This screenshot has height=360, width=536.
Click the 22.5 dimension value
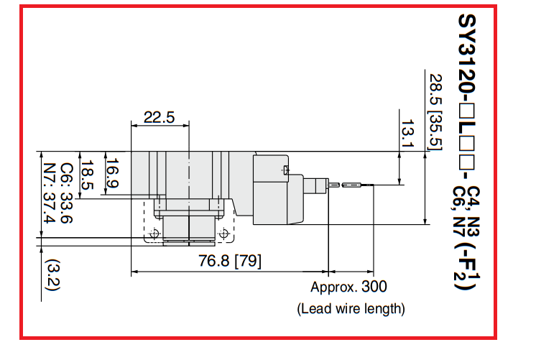click(159, 118)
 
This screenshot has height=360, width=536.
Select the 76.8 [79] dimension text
click(230, 262)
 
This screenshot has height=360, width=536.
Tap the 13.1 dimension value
click(407, 134)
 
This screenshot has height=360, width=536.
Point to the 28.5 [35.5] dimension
click(435, 111)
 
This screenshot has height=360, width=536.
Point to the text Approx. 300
click(348, 287)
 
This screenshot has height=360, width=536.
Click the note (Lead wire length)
click(351, 309)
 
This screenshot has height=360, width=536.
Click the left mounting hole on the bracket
click(154, 233)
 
